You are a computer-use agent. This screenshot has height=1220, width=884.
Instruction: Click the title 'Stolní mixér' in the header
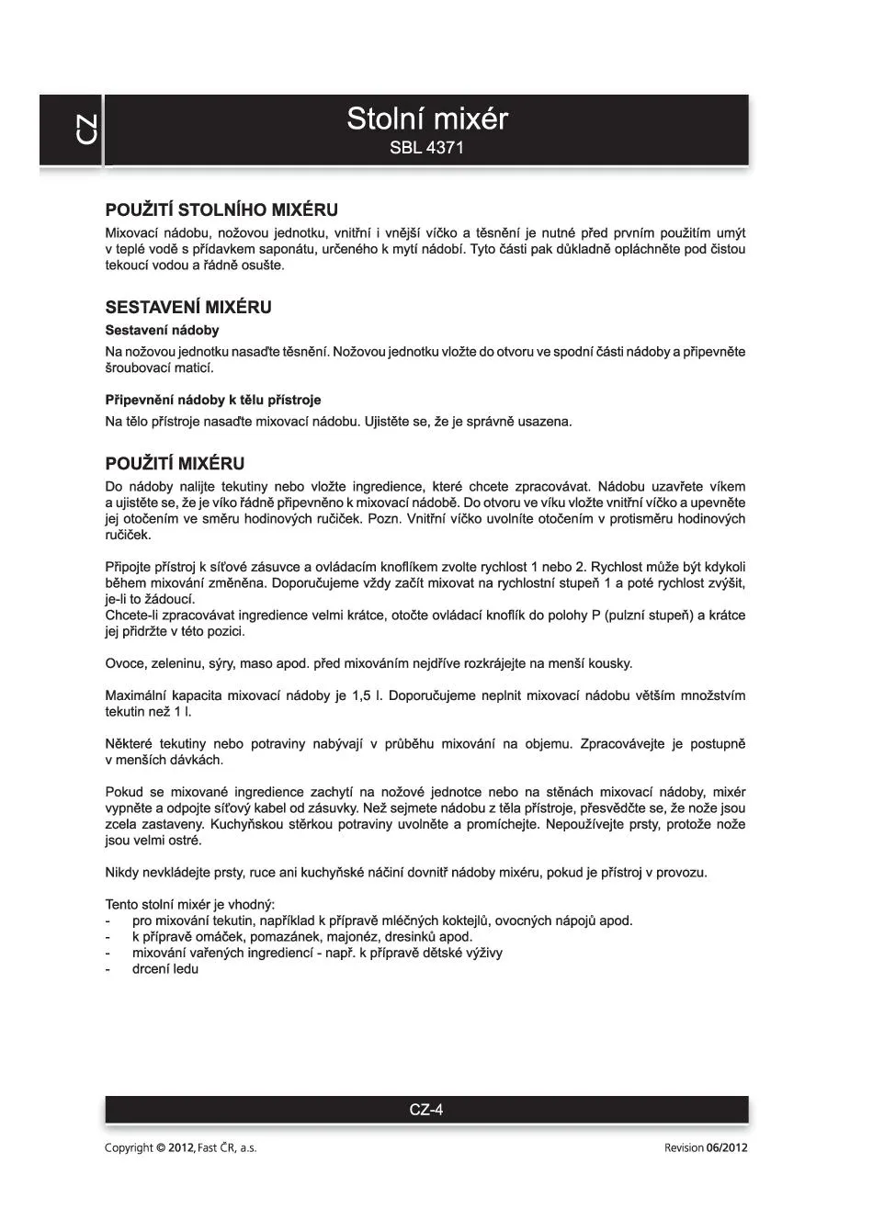(x=426, y=119)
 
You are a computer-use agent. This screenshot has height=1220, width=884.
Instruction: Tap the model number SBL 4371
(x=426, y=148)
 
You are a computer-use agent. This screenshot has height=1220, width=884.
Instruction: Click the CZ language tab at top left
(x=85, y=130)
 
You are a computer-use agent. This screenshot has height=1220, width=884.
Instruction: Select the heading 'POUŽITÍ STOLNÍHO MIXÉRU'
(x=221, y=210)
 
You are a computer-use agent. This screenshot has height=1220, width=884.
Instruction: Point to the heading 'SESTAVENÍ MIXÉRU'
(x=188, y=307)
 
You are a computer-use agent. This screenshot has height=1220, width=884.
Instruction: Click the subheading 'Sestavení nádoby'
(x=162, y=331)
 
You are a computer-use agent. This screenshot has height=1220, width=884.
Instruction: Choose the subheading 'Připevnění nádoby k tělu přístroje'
(x=212, y=401)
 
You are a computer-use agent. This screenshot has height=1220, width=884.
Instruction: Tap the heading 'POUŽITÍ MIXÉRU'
(x=175, y=464)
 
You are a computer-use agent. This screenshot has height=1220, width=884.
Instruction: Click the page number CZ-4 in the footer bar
(x=426, y=1110)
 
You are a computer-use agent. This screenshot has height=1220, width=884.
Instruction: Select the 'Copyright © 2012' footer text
(x=149, y=1148)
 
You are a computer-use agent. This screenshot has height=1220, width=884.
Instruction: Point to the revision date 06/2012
(x=727, y=1148)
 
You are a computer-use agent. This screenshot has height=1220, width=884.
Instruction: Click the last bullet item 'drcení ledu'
(x=165, y=969)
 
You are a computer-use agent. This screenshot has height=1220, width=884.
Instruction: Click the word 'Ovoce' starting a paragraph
(x=124, y=664)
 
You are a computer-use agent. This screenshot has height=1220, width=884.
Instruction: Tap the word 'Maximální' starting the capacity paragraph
(x=134, y=696)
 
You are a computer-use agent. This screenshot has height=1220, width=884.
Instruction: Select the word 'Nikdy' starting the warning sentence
(x=122, y=873)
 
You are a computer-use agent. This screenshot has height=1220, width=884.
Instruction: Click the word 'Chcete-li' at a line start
(x=131, y=616)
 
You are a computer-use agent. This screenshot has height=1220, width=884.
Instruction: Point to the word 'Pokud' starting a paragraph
(x=124, y=793)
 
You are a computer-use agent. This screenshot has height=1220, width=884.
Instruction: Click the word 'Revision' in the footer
(x=683, y=1148)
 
